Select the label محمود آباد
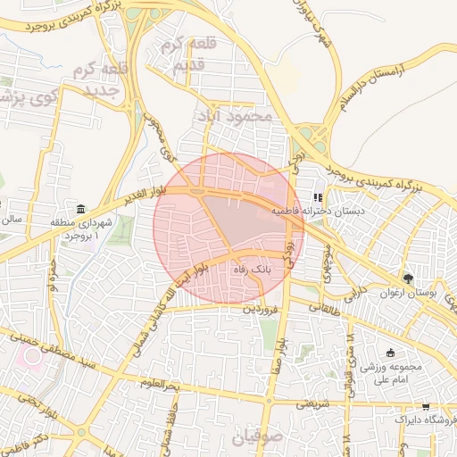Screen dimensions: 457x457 click(237, 116)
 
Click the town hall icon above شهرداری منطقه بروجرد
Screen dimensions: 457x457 click(81, 208)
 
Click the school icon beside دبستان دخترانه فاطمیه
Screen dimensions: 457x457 click(317, 198)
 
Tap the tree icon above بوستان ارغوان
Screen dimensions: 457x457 click(408, 278)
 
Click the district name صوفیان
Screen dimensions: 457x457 click(257, 437)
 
